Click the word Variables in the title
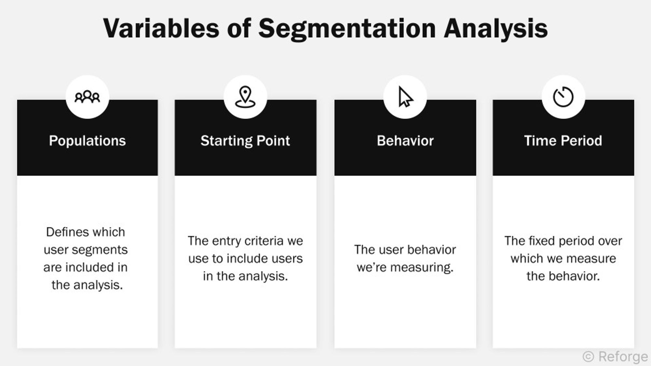(161, 29)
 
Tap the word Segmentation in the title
(347, 29)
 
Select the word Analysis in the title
(495, 29)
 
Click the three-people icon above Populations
(87, 97)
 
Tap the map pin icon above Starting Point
(245, 97)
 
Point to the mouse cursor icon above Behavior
(405, 97)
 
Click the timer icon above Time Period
(563, 97)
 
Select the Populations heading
(87, 141)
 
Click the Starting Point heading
(245, 141)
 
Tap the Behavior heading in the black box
(405, 141)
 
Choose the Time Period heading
(563, 141)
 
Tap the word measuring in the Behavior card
(422, 267)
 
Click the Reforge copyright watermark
(615, 357)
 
